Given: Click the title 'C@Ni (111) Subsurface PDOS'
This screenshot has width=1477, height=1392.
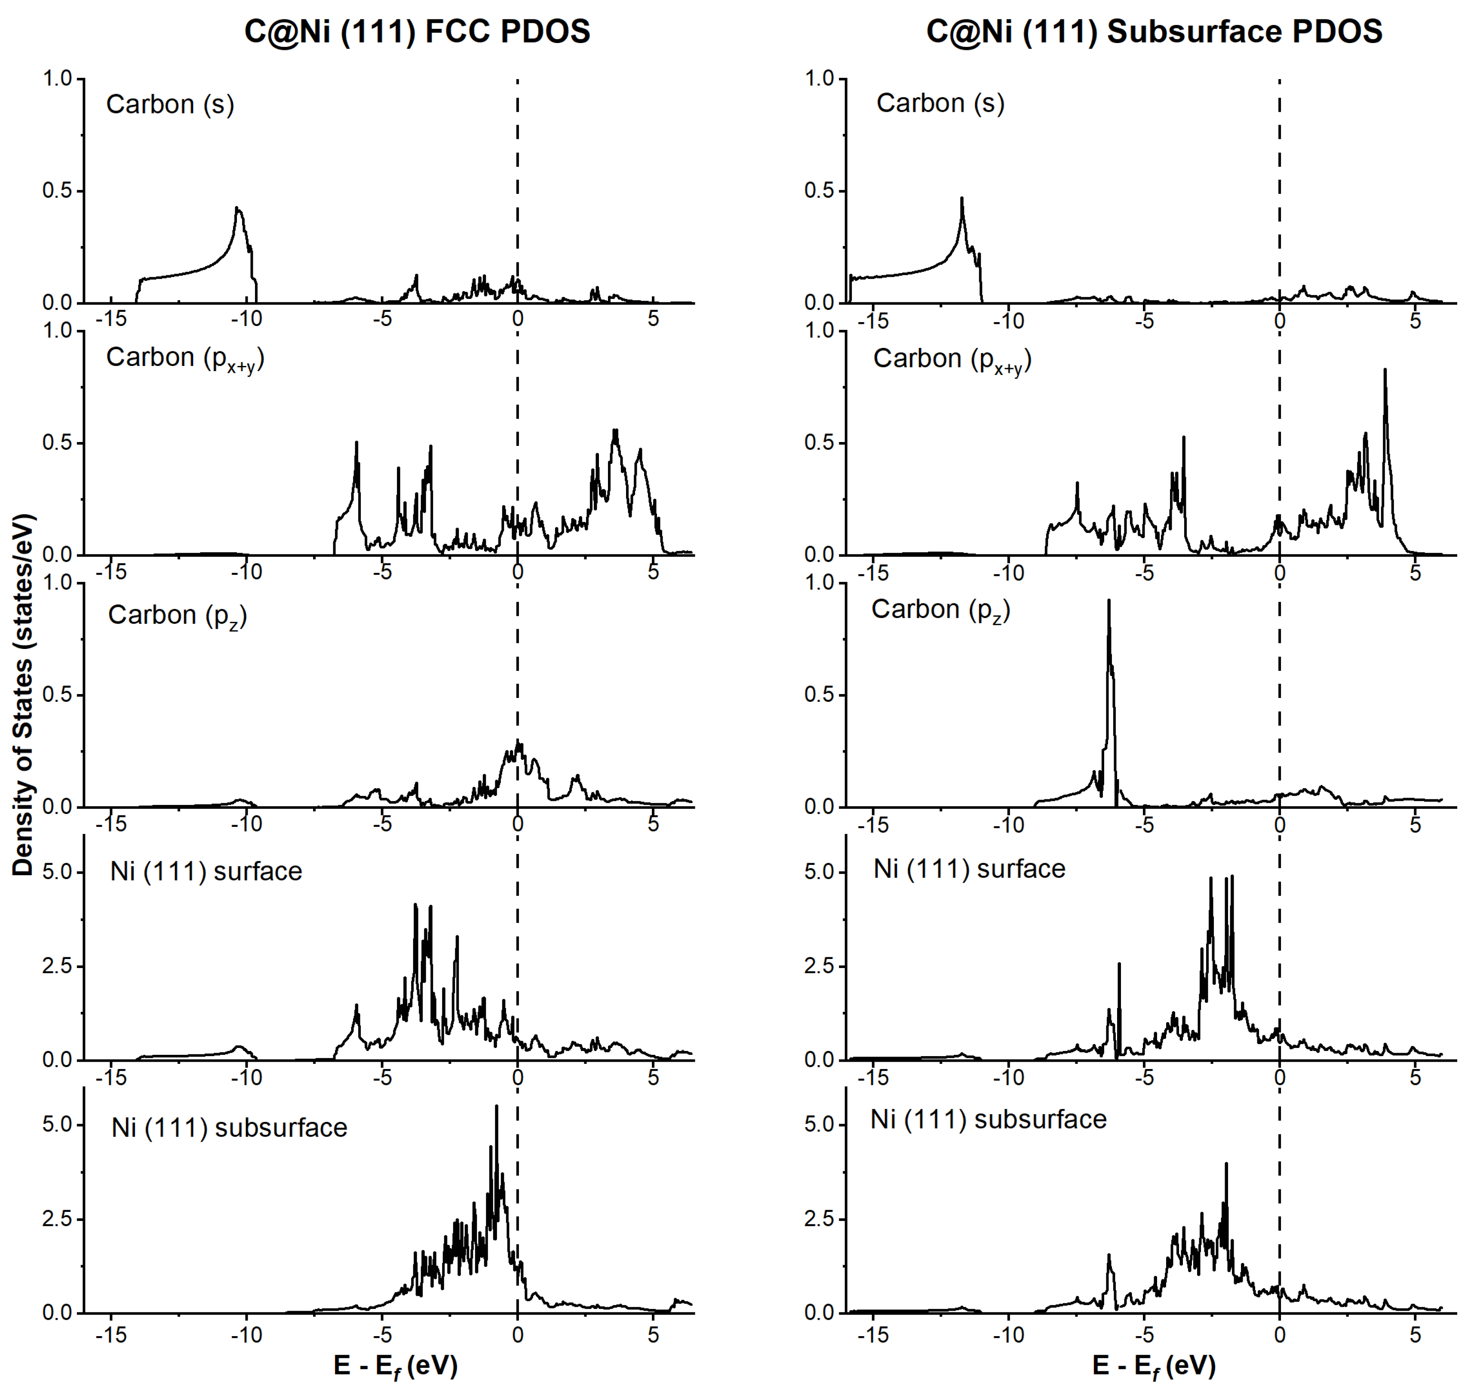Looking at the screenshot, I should tap(1154, 32).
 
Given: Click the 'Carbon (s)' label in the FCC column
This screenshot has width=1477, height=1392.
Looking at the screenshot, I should tap(170, 104).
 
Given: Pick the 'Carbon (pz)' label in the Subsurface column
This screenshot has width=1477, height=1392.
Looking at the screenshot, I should tap(940, 609).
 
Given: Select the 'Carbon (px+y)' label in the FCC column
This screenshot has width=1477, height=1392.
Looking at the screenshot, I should tap(185, 358).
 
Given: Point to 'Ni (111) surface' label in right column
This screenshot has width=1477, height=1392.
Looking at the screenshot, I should tap(969, 868).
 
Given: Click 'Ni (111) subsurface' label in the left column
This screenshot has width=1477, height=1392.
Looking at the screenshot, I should tap(229, 1128).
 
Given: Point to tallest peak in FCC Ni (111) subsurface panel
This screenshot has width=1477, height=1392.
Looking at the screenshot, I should tap(496, 1107).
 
